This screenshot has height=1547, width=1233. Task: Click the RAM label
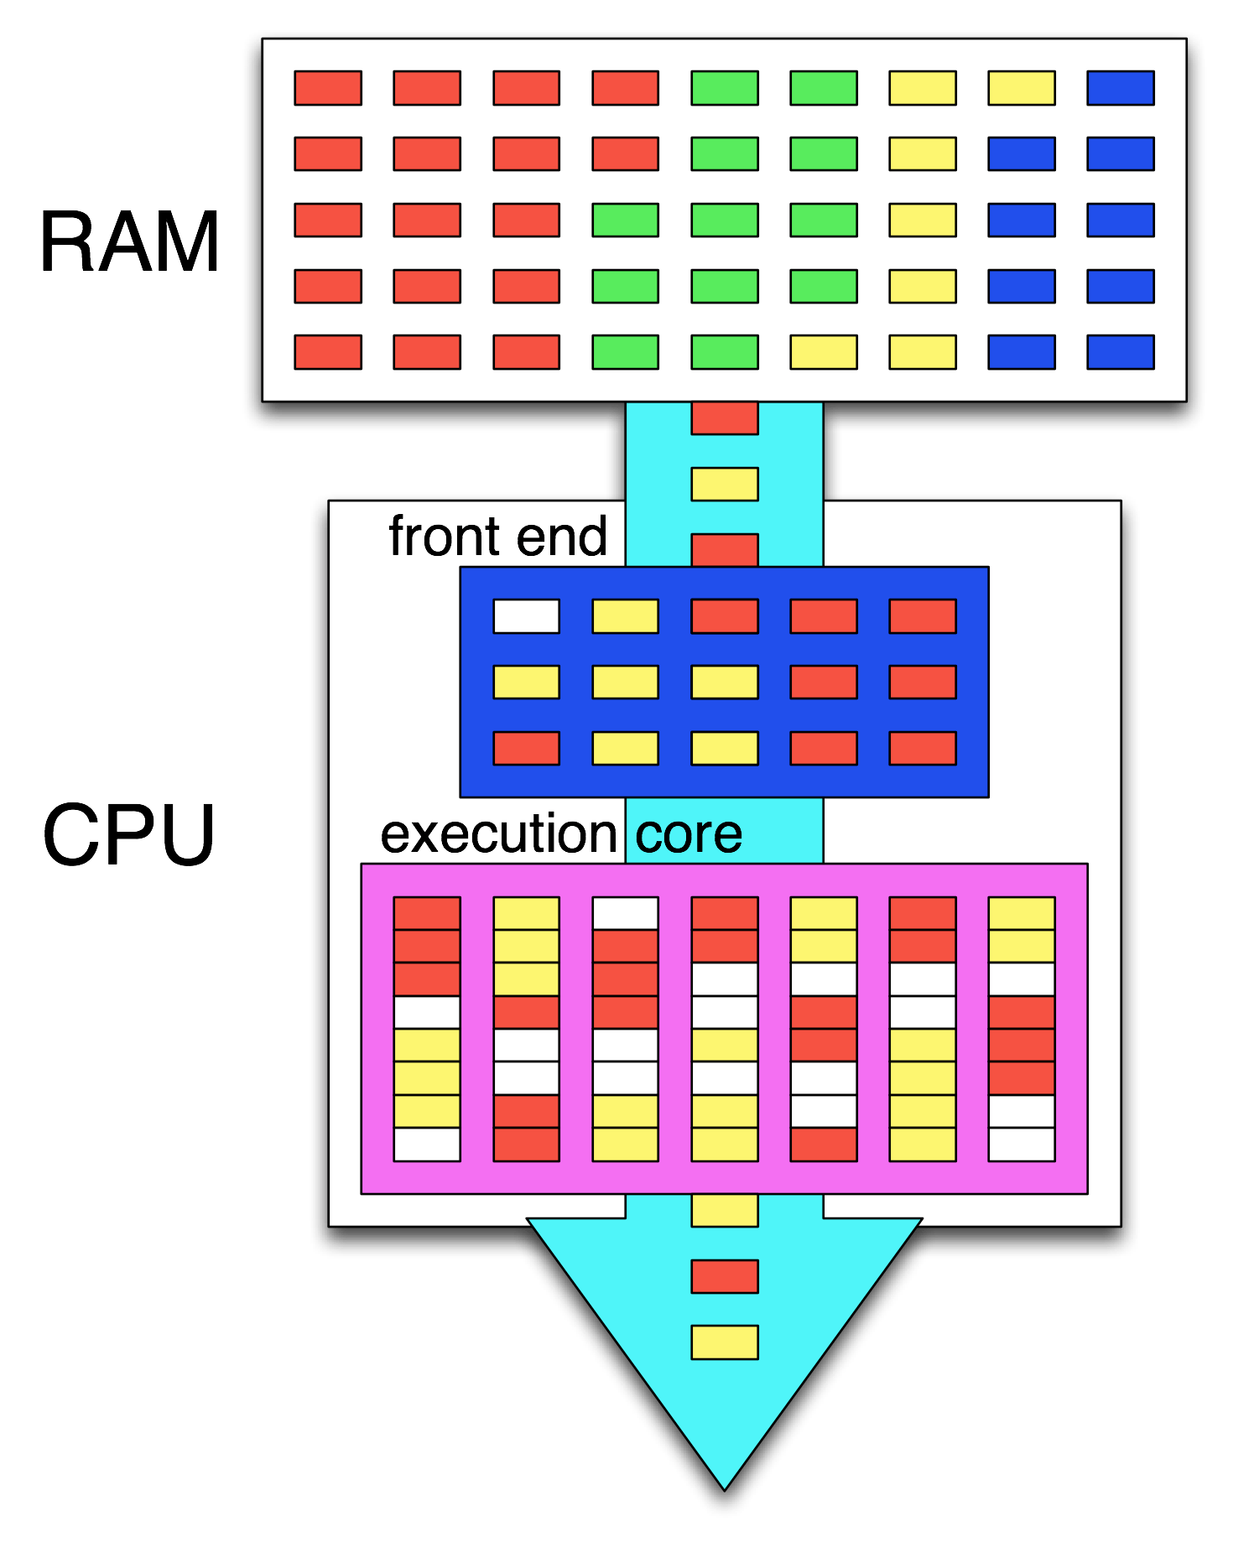130,243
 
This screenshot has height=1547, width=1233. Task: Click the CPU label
129,835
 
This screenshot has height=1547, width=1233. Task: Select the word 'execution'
499,834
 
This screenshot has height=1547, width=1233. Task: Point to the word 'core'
689,834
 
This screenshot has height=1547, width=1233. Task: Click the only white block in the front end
526,616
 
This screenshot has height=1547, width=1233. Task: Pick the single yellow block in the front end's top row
625,616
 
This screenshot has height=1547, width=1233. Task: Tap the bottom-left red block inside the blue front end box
526,748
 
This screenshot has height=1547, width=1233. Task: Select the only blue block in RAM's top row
1120,88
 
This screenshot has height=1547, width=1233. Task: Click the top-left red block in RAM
328,88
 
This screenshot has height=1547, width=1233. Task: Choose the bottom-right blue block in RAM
1120,352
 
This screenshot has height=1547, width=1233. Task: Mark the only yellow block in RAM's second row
922,154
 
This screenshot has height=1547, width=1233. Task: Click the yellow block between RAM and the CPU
725,484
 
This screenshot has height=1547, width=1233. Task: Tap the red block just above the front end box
725,550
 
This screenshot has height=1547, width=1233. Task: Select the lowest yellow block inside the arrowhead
725,1342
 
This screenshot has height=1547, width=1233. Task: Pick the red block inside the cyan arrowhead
725,1276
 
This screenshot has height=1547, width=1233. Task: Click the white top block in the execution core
625,913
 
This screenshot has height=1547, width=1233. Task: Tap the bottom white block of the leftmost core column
427,1145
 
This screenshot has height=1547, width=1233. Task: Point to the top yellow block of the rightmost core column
1021,913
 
